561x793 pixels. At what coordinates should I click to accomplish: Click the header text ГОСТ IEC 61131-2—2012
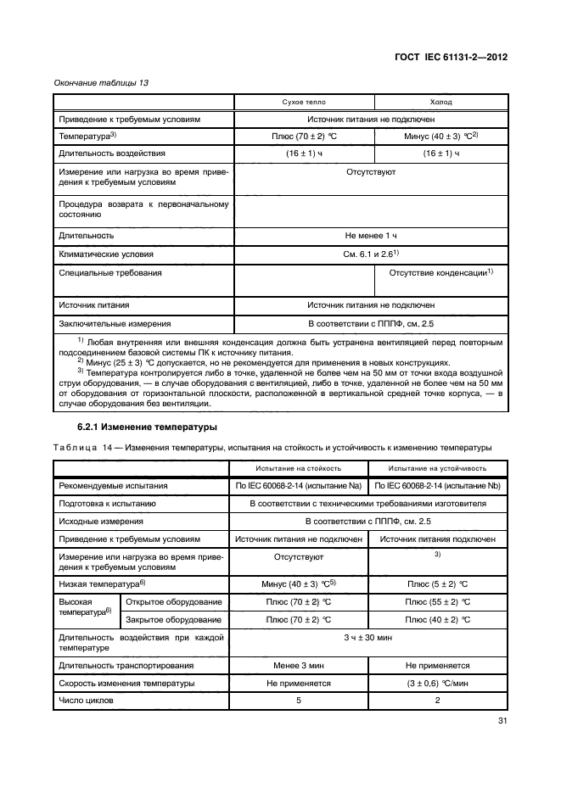coord(455,59)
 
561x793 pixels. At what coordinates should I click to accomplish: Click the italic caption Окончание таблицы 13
coord(95,81)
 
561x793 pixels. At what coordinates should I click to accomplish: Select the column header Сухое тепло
coord(303,102)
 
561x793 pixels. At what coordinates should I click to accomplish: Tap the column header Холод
coord(439,102)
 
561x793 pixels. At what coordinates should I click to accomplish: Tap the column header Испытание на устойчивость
coord(438,467)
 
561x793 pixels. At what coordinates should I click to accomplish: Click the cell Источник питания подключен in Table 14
coord(438,539)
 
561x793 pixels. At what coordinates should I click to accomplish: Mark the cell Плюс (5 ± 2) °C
coord(438,584)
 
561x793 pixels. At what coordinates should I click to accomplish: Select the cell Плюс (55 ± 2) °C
coord(438,601)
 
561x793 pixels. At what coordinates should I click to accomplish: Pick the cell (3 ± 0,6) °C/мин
coord(438,683)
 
